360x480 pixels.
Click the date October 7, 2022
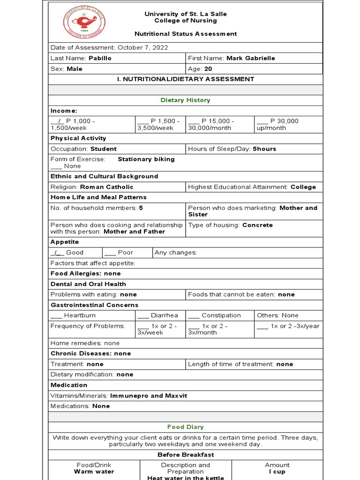(x=142, y=48)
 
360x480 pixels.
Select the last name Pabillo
(x=100, y=58)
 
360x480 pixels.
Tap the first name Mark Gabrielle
(x=251, y=58)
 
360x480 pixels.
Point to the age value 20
(x=209, y=69)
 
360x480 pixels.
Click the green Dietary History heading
(x=185, y=100)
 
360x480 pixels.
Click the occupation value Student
(x=103, y=149)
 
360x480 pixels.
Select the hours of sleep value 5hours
(x=264, y=149)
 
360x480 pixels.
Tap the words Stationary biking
(x=146, y=159)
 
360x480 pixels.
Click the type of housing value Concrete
(x=257, y=225)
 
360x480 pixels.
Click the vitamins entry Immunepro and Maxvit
(x=149, y=396)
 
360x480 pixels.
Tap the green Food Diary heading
(x=185, y=427)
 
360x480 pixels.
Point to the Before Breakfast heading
(x=185, y=455)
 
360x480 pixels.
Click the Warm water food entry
(x=94, y=472)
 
